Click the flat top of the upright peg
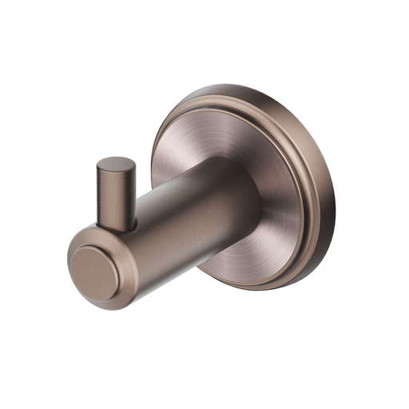[116, 165]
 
